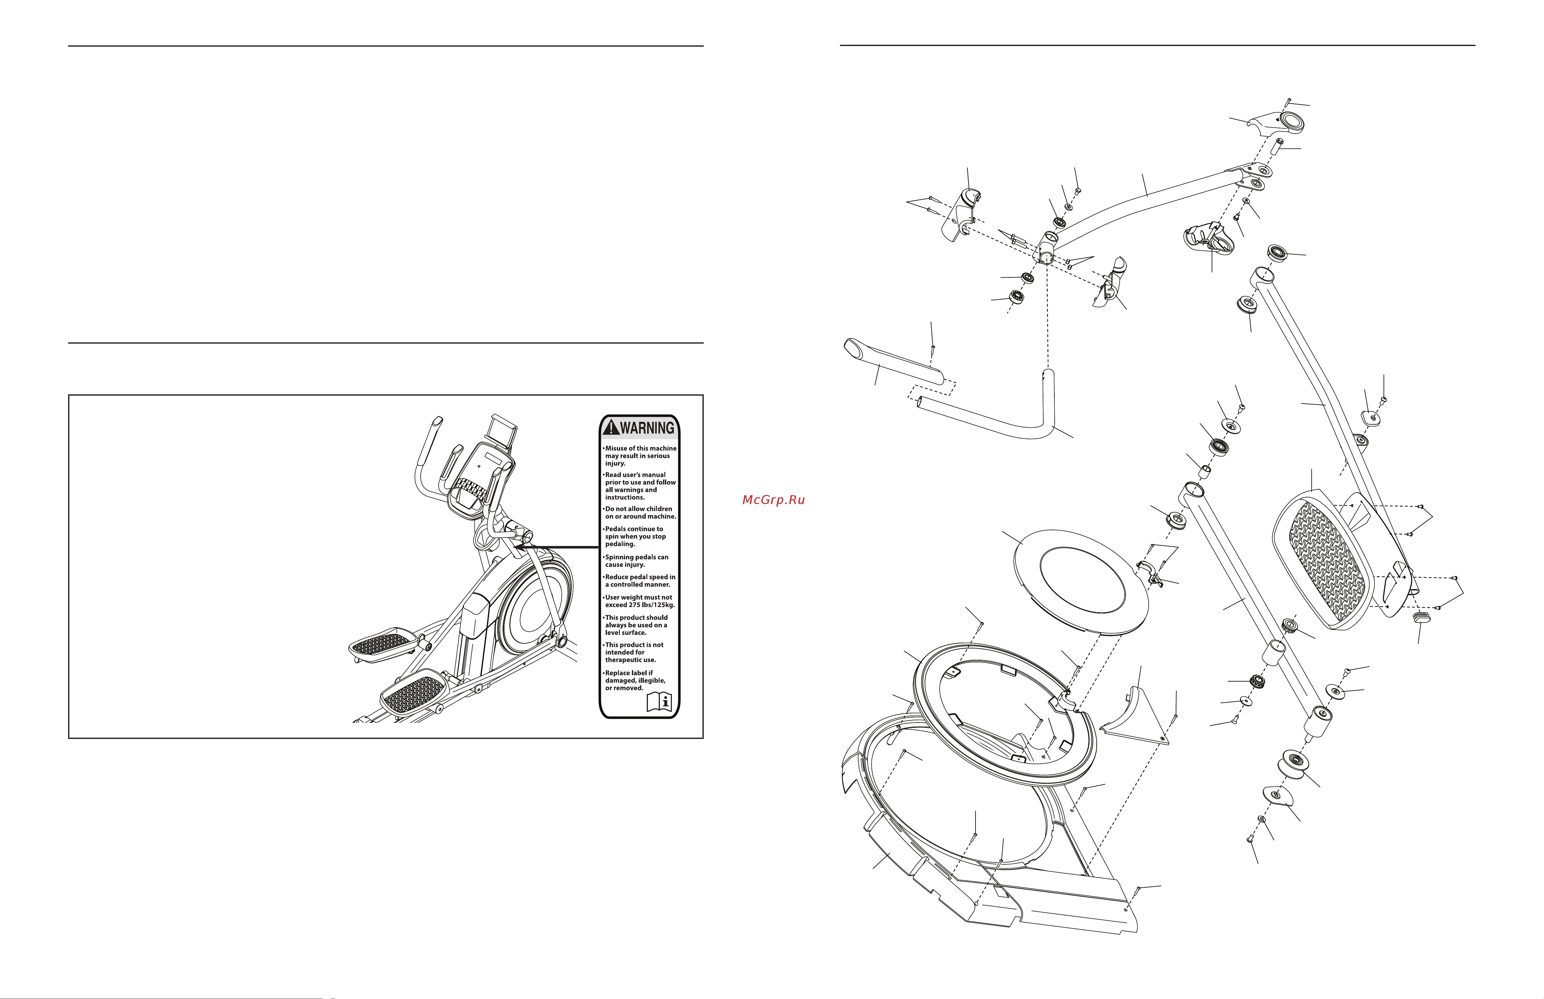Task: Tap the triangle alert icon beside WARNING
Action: [610, 427]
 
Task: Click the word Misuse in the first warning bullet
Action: [616, 448]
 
